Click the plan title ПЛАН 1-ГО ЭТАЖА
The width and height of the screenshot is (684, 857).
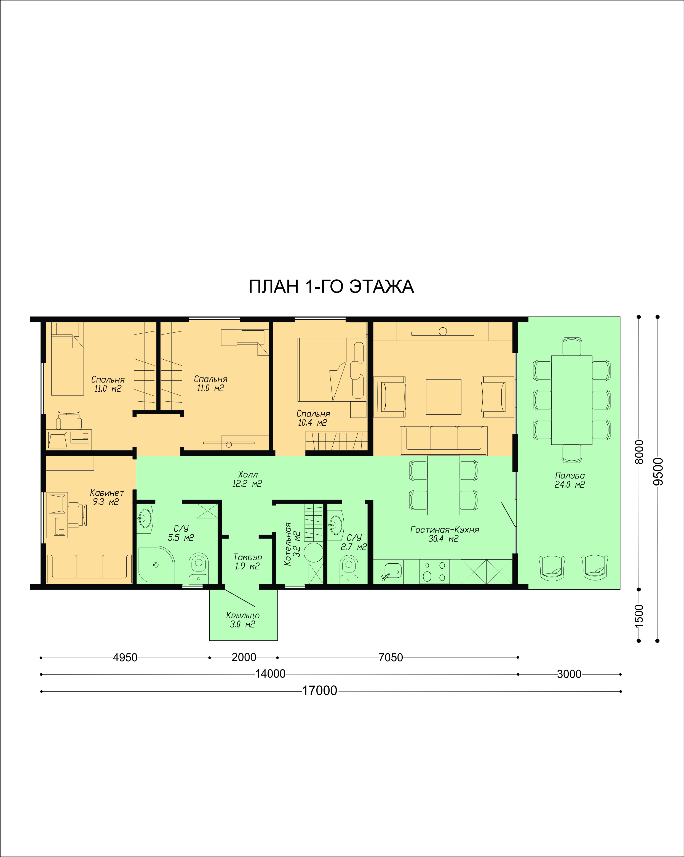[x=331, y=286]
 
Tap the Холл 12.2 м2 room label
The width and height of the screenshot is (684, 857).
[x=247, y=479]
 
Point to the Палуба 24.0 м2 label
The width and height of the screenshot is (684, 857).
[x=570, y=480]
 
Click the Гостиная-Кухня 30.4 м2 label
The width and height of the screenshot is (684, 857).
[x=445, y=534]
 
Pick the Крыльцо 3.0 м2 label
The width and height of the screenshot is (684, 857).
[x=243, y=620]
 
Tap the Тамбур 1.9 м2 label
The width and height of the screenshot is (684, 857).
[x=247, y=562]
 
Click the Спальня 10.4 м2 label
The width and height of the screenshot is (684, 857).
[x=313, y=418]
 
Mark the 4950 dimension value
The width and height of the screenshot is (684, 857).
[x=125, y=657]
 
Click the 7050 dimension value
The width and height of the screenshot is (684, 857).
[x=391, y=657]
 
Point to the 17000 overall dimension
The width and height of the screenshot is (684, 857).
[x=320, y=691]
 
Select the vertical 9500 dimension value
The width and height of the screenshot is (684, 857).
[x=658, y=471]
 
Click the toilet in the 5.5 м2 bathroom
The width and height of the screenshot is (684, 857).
[x=198, y=568]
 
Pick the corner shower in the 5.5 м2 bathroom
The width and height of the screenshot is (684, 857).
[x=155, y=564]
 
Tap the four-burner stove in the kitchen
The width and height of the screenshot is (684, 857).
[x=435, y=572]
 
